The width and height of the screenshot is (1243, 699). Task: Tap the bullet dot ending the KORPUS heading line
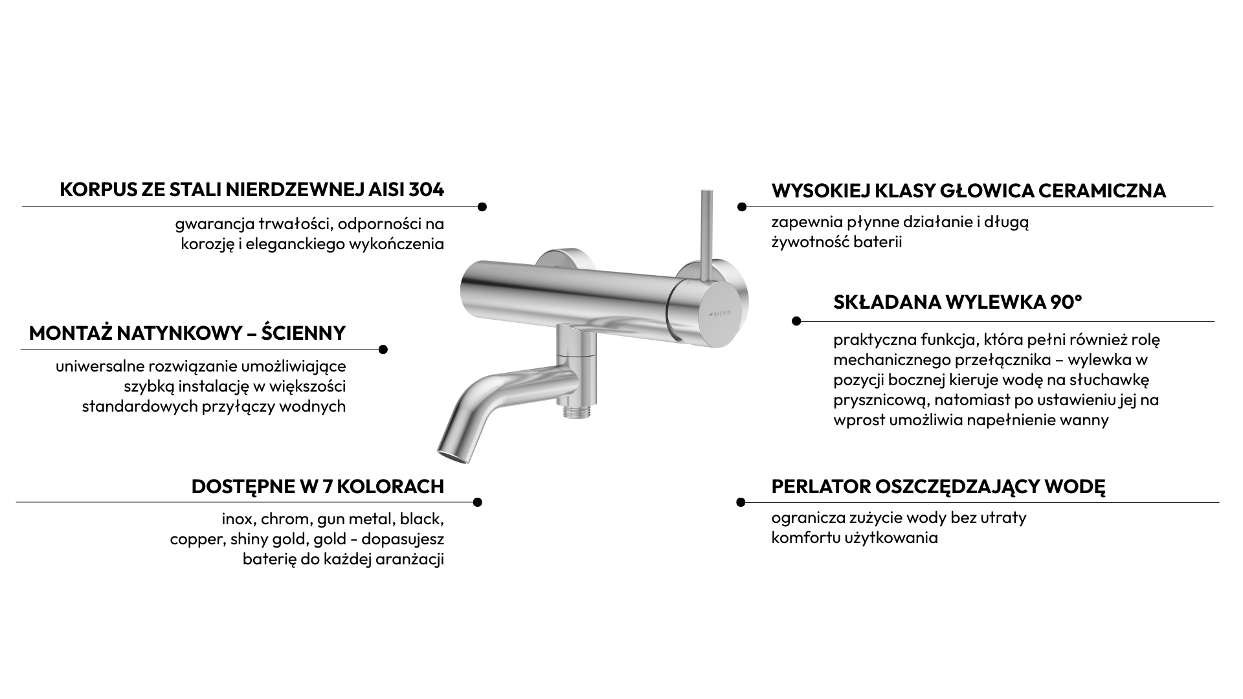(482, 207)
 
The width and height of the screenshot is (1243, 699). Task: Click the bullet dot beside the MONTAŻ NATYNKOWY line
(383, 349)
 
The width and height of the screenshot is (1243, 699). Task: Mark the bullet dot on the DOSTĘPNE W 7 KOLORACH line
(477, 502)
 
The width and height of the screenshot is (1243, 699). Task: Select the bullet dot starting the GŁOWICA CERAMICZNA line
(742, 207)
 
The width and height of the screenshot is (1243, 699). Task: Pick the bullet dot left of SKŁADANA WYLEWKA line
(796, 321)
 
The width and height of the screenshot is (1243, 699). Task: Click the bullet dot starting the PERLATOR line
(741, 502)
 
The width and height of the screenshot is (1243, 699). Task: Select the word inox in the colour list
(237, 519)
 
